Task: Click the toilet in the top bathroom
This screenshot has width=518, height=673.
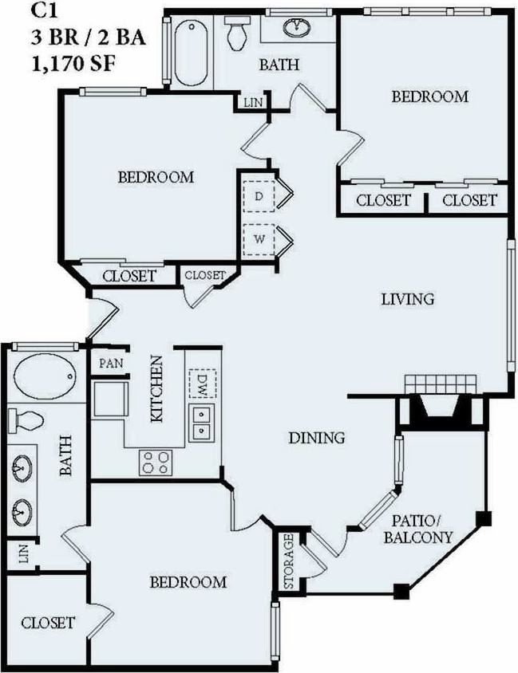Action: tap(237, 33)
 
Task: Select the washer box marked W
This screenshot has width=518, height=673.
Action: tap(259, 238)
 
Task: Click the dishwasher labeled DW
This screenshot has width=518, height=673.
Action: tap(201, 384)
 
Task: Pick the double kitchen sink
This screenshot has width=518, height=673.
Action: tap(201, 423)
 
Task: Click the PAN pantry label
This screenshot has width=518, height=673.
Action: tap(110, 363)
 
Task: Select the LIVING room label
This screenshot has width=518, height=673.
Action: tap(406, 299)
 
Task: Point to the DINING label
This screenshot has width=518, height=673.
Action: tap(316, 437)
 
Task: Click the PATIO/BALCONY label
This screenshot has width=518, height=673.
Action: tap(417, 529)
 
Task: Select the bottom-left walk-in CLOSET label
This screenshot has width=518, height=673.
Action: tap(48, 622)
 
